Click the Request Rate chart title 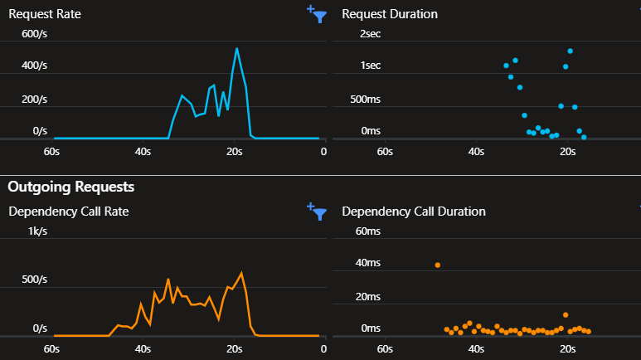(x=45, y=14)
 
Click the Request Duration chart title (x=390, y=14)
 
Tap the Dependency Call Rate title (x=69, y=212)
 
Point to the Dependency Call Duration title (x=414, y=212)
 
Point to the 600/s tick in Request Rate (x=34, y=34)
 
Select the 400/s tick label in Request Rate (x=34, y=66)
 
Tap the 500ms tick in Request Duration (x=364, y=100)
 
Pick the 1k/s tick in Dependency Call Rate (x=37, y=231)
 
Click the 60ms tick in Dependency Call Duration (x=367, y=231)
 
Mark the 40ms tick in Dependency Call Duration (x=367, y=263)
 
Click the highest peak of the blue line (x=236, y=48)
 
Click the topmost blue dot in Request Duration (x=571, y=51)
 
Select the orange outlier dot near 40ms (x=438, y=265)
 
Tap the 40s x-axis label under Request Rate (x=142, y=152)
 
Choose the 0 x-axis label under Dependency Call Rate (x=323, y=349)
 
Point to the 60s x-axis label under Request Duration (x=384, y=152)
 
